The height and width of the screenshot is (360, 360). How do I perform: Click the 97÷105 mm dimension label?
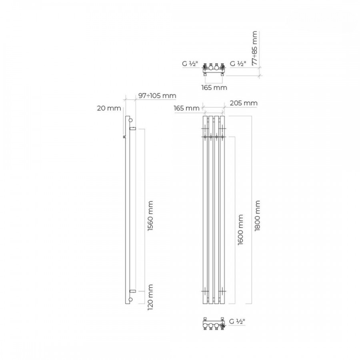[157, 96]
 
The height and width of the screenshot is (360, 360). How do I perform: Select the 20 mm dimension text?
[109, 108]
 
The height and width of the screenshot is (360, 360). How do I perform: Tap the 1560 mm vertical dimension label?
[150, 216]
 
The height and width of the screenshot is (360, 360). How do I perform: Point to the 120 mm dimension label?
[150, 297]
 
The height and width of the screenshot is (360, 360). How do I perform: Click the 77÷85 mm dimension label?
[255, 48]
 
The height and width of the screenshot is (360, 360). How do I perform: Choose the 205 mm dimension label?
[244, 103]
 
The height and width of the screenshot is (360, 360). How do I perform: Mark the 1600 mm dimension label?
[240, 230]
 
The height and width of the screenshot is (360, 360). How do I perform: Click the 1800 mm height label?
[257, 216]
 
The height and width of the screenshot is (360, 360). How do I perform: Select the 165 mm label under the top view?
[214, 88]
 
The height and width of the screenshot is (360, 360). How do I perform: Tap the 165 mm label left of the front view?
[187, 108]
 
